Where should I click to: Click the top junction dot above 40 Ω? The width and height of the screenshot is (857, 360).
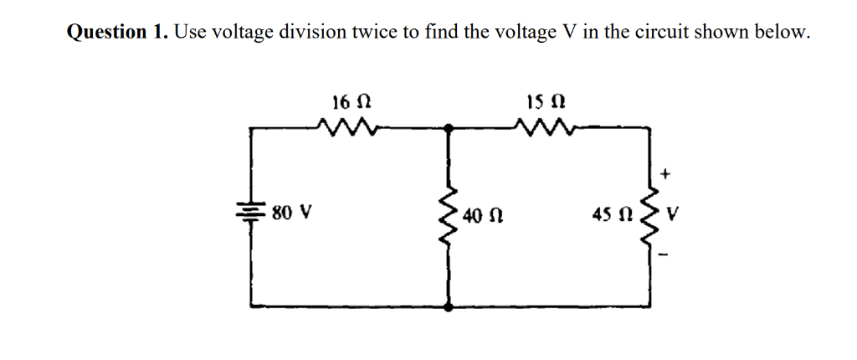click(x=450, y=128)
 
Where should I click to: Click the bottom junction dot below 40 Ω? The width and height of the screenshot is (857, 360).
click(x=450, y=307)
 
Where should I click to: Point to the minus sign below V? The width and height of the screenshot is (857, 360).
click(x=666, y=254)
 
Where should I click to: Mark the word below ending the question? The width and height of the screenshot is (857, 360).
click(x=783, y=33)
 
